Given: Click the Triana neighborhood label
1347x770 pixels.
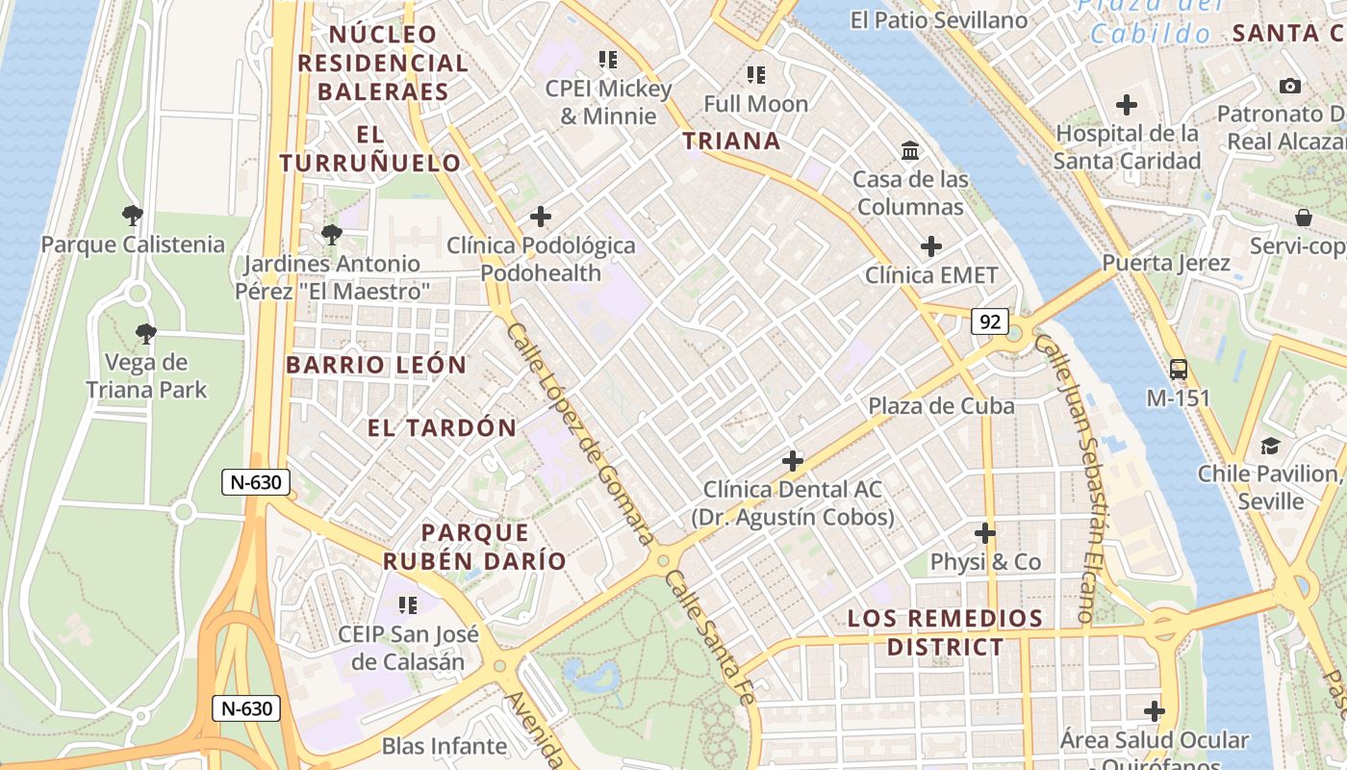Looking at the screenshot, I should pos(731,141).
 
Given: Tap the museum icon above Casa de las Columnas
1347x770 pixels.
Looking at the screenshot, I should pos(910,150).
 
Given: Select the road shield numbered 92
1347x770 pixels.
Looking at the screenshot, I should pos(989,321).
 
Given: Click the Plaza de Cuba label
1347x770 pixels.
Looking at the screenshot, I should pos(941,406).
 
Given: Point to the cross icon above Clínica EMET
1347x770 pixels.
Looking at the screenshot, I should pos(930,246).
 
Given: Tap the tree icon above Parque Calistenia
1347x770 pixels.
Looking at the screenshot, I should pos(133,216).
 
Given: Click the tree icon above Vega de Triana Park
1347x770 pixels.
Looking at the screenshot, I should pos(146,334).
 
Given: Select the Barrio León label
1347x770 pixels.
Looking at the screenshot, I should pos(376,366).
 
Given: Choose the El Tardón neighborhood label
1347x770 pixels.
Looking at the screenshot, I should pos(442,428).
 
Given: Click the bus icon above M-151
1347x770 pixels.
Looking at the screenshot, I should pos(1178,369).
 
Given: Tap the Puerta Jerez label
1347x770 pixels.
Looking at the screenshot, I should pos(1166,263).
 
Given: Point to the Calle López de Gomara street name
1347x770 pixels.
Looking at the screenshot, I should pos(580,434).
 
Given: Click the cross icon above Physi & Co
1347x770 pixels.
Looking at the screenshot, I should pos(985,532).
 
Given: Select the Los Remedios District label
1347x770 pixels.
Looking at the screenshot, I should pos(945,632).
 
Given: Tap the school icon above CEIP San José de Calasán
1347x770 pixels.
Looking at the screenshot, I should pos(408,605).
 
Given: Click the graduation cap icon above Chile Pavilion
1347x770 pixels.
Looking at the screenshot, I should pos(1270,446).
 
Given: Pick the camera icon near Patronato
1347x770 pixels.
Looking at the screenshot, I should pos(1290,87).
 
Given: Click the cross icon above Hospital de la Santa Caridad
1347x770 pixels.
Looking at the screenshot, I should pos(1126,105).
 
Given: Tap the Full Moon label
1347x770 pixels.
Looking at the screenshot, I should pos(755,103).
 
